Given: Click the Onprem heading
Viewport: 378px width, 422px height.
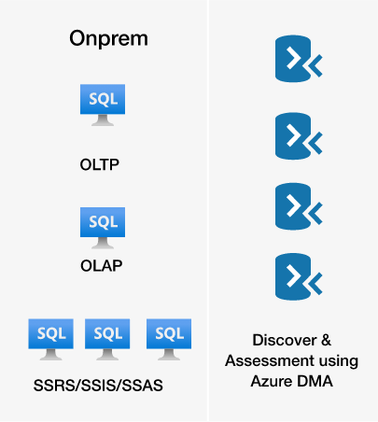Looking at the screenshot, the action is [x=108, y=39].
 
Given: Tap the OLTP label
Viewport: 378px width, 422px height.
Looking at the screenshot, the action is [x=100, y=164].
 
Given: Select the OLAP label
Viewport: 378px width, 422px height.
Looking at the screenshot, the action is [x=101, y=266].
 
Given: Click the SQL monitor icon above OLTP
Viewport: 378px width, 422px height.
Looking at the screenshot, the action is [x=103, y=105].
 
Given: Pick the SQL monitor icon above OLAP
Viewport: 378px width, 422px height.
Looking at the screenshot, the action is [x=103, y=228].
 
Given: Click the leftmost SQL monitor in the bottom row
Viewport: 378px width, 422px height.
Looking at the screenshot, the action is [x=51, y=340].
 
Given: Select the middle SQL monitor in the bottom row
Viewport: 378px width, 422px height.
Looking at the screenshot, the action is [x=107, y=340].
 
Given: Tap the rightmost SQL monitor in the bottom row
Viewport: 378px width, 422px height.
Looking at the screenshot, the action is [x=169, y=340].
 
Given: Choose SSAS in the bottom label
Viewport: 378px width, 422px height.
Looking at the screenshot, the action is [x=141, y=386].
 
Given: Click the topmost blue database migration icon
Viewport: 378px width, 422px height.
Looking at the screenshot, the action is [x=299, y=59].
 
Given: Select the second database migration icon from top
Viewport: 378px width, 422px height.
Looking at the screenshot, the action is [x=299, y=136].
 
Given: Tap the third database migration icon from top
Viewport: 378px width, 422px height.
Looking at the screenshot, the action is [x=299, y=206].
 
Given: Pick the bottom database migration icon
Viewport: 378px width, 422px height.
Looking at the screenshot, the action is [x=299, y=276].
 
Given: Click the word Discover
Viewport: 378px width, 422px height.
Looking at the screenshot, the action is [x=285, y=340].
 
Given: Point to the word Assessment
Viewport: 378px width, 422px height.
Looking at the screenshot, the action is [x=270, y=360].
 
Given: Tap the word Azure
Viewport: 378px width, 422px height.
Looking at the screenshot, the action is [x=272, y=381].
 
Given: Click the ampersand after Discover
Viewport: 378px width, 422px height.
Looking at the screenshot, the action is [x=326, y=340].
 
